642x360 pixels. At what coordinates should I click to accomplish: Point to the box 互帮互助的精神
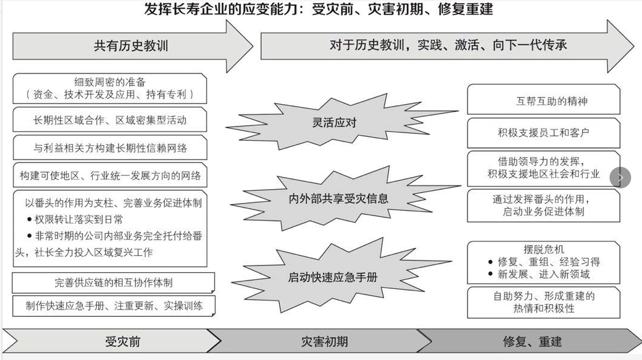click(543, 101)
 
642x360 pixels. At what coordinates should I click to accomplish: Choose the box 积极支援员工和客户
click(543, 132)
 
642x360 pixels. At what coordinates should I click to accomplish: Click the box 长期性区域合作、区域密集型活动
click(110, 120)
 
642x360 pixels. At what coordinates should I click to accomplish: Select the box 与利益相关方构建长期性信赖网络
click(110, 147)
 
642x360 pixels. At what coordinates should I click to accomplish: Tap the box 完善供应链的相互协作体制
click(114, 282)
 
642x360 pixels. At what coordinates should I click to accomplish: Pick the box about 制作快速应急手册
click(114, 305)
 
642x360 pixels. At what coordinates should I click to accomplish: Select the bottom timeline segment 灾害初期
click(324, 342)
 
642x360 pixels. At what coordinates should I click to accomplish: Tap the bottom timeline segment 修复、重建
click(532, 342)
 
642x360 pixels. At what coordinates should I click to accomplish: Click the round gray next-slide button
click(620, 178)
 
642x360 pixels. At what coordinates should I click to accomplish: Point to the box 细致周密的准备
click(110, 88)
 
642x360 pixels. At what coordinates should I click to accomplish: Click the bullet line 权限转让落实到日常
click(78, 219)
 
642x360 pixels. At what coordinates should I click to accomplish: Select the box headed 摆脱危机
click(543, 262)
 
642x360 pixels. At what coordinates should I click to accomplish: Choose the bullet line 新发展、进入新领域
click(543, 275)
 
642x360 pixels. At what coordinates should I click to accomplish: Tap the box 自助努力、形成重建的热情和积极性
click(543, 302)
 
